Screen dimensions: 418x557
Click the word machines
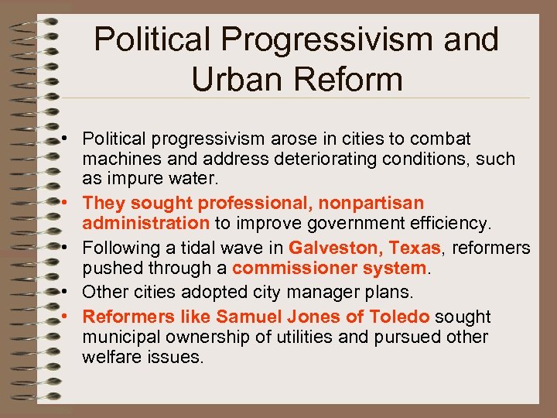pos(118,159)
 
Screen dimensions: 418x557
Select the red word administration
pos(146,223)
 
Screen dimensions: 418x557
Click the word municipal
pos(118,337)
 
